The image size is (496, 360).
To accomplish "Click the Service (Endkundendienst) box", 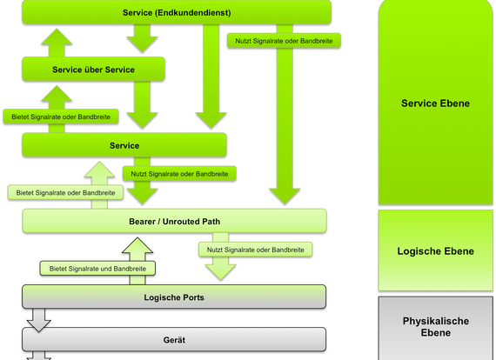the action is click(x=177, y=12).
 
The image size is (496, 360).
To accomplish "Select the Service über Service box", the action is click(x=93, y=70).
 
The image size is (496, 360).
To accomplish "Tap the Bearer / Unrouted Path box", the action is click(x=174, y=221).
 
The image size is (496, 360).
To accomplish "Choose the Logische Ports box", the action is click(x=174, y=297).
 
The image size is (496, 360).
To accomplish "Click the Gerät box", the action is click(x=174, y=340).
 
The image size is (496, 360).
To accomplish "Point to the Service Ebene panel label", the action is click(x=435, y=103).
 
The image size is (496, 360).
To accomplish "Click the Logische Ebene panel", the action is click(x=436, y=250).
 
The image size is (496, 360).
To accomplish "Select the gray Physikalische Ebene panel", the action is click(x=436, y=328).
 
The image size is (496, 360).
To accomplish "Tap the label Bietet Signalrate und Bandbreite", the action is click(x=97, y=269).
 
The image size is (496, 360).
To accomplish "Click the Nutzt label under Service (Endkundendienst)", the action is click(x=284, y=41).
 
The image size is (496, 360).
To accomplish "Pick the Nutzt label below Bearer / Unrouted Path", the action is click(x=255, y=250).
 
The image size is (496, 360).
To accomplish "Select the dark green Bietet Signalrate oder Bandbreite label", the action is click(x=61, y=117).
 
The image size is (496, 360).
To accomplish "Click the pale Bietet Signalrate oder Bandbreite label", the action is click(x=65, y=192).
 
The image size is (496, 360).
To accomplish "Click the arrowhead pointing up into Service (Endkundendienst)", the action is click(x=57, y=37).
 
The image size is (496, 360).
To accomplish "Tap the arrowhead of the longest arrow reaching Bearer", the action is click(x=285, y=197).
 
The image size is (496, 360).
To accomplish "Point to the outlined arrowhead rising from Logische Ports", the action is click(x=137, y=245).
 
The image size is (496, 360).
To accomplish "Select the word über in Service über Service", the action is click(x=93, y=70).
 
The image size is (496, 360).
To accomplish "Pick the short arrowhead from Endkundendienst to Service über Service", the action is click(x=142, y=44).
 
